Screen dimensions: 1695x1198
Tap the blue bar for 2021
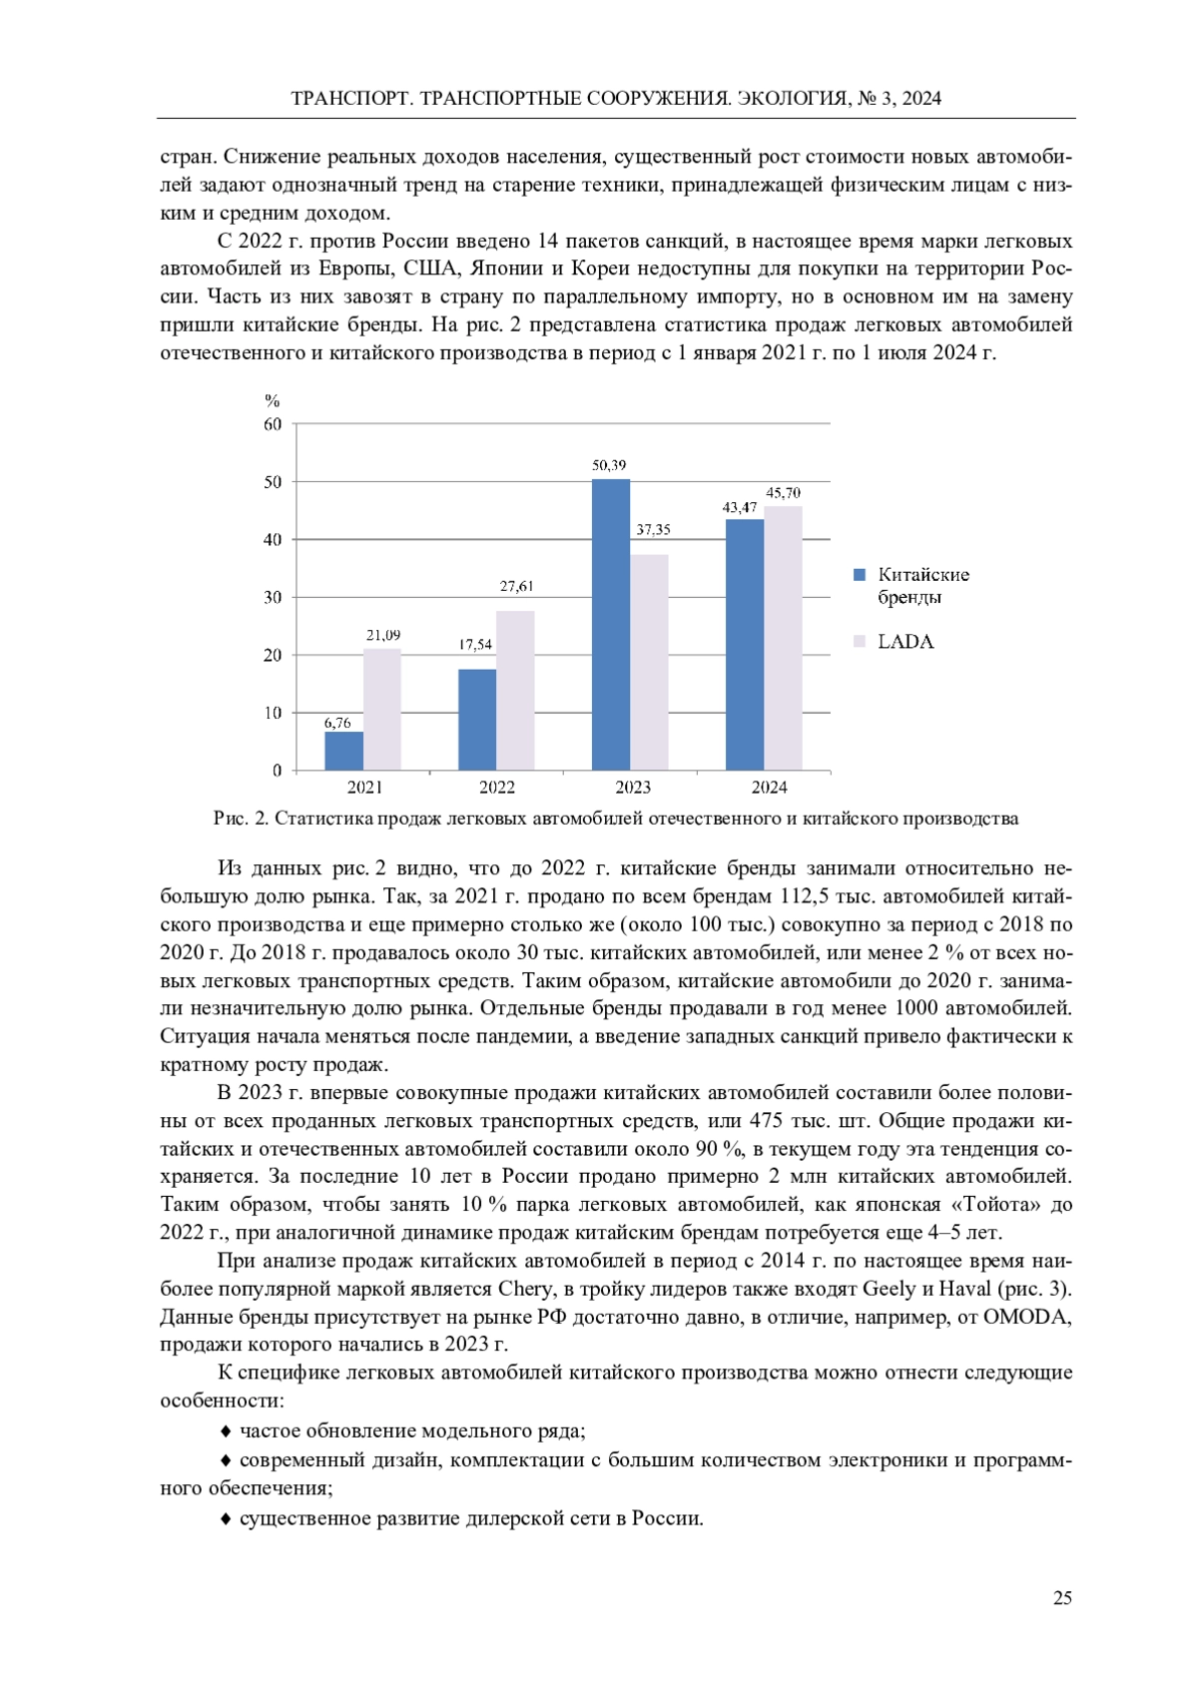click(343, 751)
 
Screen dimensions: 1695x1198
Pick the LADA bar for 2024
click(783, 638)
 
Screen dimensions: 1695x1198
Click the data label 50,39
click(609, 465)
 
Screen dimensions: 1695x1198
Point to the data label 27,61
click(516, 586)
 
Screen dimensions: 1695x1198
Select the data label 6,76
click(337, 723)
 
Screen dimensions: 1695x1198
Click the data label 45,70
click(783, 493)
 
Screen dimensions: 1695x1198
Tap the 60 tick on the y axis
click(273, 424)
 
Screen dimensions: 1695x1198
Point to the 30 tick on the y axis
click(273, 597)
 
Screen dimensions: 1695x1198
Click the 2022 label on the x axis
click(497, 788)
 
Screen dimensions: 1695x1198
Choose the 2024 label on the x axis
click(769, 788)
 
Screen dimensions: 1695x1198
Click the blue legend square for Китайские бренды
click(860, 575)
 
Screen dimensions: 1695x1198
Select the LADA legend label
click(905, 642)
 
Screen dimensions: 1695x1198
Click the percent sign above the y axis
click(272, 401)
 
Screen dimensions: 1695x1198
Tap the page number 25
click(1062, 1598)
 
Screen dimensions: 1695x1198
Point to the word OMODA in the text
click(1027, 1317)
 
